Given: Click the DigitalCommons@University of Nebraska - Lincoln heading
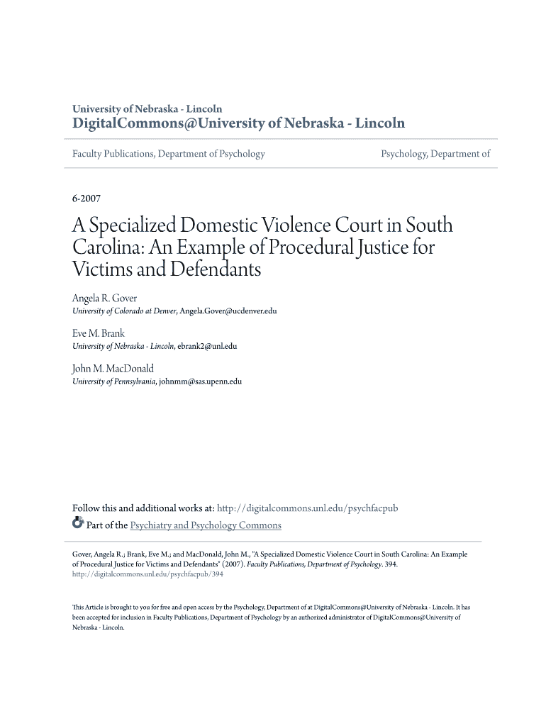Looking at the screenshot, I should (239, 123).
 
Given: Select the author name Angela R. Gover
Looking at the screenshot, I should (104, 298).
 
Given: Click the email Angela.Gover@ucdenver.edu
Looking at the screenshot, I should (228, 311).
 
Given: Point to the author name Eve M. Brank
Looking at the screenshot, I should (99, 333).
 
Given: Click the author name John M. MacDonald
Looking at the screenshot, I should (113, 368).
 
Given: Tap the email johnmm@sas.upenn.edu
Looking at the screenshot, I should (201, 381).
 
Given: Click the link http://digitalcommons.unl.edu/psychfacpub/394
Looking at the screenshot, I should (147, 574).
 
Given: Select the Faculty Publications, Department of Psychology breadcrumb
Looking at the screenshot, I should (169, 154).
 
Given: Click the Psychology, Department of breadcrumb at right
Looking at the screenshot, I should (435, 154).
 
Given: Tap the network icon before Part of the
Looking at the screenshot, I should (78, 525).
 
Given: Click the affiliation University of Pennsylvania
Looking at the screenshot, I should (114, 381).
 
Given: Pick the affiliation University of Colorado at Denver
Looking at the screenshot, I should (125, 311).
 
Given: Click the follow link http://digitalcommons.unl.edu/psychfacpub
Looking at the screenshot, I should (307, 508).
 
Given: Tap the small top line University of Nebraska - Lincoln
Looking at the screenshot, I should (147, 108).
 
